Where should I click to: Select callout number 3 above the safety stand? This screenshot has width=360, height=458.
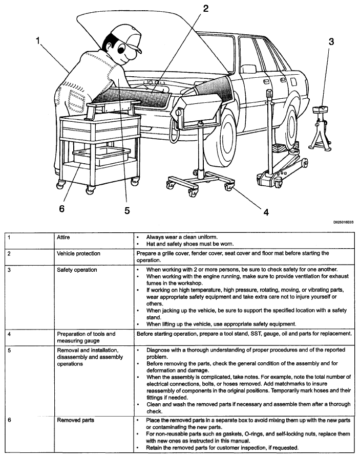(331, 42)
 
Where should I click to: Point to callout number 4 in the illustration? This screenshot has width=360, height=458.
(266, 210)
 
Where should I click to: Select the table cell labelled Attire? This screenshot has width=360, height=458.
(64, 238)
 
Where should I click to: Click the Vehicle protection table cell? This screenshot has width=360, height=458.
(78, 253)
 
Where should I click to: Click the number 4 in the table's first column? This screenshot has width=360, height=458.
(8, 334)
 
